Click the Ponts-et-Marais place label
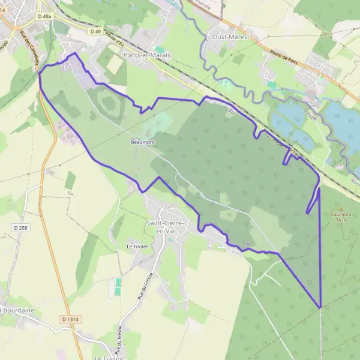tap(146, 55)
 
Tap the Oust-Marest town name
tap(230, 37)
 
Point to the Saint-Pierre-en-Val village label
tap(165, 226)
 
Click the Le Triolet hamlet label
tap(137, 246)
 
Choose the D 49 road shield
tap(95, 31)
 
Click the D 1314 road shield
tap(70, 319)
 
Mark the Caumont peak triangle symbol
tap(341, 208)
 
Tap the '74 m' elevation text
tap(341, 220)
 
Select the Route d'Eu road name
tap(115, 37)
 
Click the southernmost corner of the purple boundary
tap(320, 307)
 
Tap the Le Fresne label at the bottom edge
tap(109, 358)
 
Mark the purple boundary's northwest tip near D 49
tap(74, 53)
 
